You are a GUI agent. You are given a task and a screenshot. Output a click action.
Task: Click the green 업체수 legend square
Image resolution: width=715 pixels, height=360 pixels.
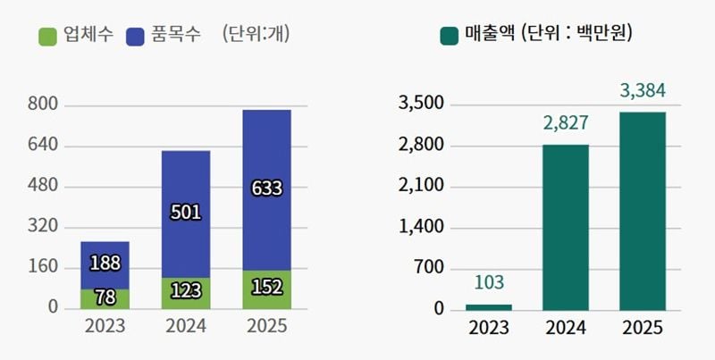click(x=48, y=37)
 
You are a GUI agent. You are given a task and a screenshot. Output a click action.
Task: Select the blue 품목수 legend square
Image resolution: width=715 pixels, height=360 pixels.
click(x=137, y=37)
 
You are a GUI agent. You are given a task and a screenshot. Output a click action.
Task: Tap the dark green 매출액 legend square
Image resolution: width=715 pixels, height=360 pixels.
click(x=450, y=37)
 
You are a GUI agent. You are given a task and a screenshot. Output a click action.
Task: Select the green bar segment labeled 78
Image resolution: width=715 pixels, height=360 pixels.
click(x=105, y=298)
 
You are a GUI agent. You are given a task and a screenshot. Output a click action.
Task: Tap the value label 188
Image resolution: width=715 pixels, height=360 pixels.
click(x=105, y=263)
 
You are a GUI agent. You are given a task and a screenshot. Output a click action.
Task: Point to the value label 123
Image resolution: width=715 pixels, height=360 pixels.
click(x=186, y=291)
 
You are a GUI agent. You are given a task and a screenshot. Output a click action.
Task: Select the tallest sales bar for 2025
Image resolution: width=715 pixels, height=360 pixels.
click(x=642, y=211)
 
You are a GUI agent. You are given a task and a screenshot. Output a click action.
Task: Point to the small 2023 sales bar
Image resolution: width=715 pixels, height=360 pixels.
click(x=489, y=306)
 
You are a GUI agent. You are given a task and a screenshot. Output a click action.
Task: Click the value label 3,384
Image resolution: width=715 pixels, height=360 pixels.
click(x=642, y=90)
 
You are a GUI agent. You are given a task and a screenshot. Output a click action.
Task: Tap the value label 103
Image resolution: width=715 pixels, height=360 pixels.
click(x=489, y=283)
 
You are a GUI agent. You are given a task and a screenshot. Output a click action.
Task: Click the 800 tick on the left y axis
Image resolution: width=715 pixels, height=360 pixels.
click(x=43, y=105)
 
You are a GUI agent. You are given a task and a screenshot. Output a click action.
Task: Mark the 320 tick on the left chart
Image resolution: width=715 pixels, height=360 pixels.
click(x=43, y=227)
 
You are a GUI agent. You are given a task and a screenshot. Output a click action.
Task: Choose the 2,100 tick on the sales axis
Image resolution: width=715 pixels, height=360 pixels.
click(x=420, y=187)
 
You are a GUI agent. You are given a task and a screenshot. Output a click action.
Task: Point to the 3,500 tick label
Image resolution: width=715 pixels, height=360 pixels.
click(x=420, y=105)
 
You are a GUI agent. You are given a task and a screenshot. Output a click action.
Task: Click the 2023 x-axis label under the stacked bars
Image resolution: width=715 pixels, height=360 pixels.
click(x=105, y=326)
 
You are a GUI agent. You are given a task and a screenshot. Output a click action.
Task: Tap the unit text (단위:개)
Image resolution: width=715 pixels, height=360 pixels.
click(x=256, y=37)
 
